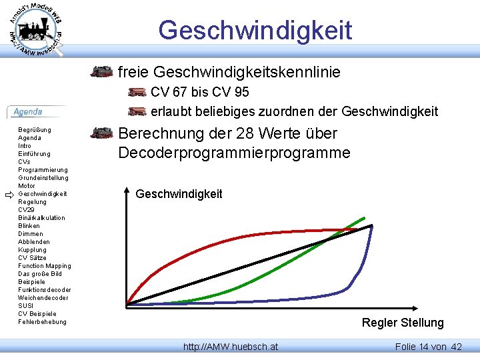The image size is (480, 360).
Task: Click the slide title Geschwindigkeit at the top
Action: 255,30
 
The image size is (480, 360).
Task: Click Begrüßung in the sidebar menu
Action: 35,129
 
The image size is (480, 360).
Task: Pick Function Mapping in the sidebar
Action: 45,265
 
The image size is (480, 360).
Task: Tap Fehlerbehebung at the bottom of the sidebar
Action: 43,321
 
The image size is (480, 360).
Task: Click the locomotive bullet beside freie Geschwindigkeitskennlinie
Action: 101,71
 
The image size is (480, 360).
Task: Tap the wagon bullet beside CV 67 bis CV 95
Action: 137,92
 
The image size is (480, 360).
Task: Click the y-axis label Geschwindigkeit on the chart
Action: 179,194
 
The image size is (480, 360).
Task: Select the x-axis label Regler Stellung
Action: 402,323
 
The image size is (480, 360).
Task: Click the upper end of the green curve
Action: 364,217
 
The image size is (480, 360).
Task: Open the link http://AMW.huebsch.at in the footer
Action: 231,347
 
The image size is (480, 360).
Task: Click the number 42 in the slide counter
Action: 456,347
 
